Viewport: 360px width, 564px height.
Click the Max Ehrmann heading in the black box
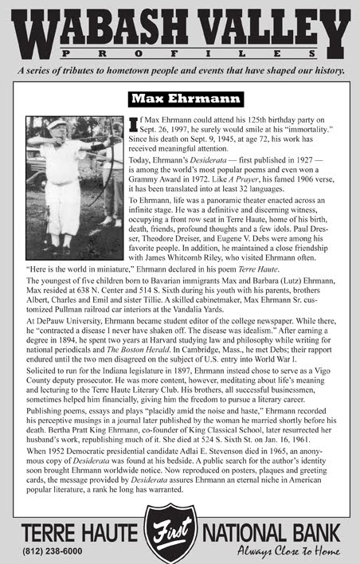[179, 99]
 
